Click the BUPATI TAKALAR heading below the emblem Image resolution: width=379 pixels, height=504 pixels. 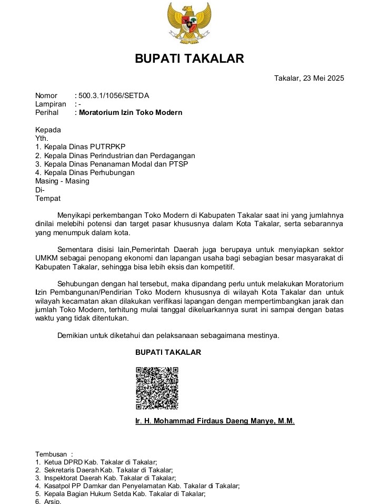[189, 59]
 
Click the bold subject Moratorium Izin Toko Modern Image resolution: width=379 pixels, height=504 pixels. [131, 112]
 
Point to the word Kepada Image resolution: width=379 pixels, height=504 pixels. [48, 130]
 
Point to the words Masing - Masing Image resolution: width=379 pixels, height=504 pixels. [62, 181]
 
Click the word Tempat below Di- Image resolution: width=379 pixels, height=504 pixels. [48, 198]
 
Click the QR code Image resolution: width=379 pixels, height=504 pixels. [157, 388]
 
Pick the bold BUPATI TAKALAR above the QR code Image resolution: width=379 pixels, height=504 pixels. [168, 352]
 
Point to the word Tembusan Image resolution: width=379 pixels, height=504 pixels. [51, 454]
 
